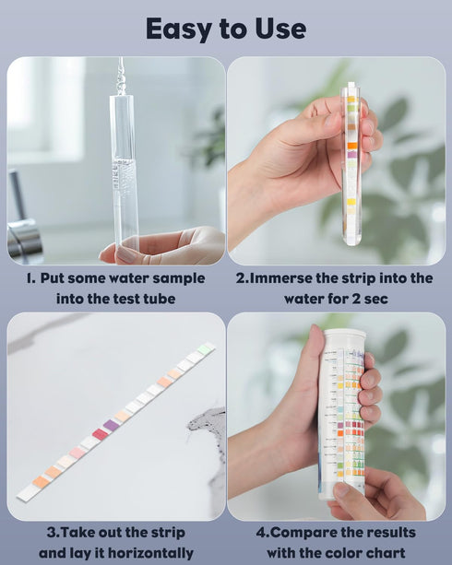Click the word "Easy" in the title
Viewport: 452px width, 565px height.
[x=181, y=29]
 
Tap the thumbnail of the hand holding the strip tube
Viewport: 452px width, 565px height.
[x=338, y=160]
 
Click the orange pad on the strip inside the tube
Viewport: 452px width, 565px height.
[x=351, y=145]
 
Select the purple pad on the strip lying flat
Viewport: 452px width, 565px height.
[x=112, y=425]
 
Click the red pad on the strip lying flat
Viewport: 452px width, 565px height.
[x=100, y=433]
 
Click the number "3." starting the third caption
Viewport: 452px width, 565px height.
[x=52, y=533]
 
